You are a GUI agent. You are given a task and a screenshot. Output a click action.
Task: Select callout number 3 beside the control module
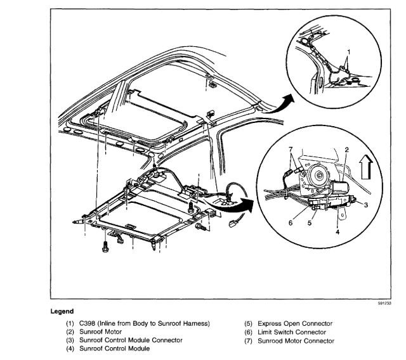click(366, 204)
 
